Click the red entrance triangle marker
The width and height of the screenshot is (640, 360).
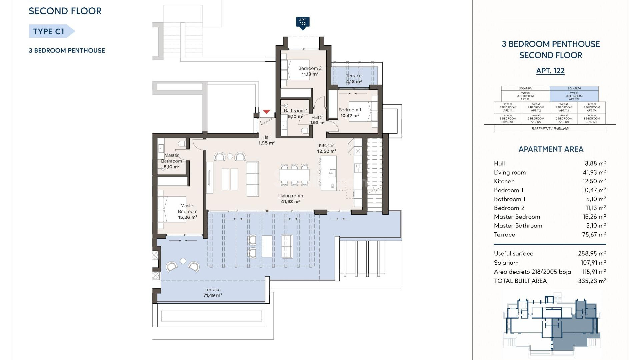pyautogui.click(x=266, y=112)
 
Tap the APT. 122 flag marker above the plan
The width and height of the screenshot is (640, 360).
pyautogui.click(x=303, y=23)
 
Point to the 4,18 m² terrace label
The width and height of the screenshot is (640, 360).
pyautogui.click(x=354, y=82)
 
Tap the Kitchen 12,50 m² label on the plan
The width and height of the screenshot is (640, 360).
pyautogui.click(x=327, y=148)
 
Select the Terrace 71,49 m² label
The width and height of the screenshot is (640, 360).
pyautogui.click(x=213, y=293)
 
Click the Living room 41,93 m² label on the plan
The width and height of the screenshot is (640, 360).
pyautogui.click(x=290, y=199)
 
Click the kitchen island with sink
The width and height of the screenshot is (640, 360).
pyautogui.click(x=329, y=173)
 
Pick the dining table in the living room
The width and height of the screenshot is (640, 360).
pyautogui.click(x=294, y=175)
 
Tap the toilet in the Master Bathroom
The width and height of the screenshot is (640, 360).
pyautogui.click(x=182, y=144)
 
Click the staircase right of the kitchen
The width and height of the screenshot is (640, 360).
pyautogui.click(x=374, y=173)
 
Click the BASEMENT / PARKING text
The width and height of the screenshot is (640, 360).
pyautogui.click(x=550, y=129)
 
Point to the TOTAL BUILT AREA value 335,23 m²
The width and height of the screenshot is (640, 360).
pyautogui.click(x=592, y=281)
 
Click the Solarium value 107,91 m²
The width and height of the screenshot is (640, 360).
pyautogui.click(x=593, y=263)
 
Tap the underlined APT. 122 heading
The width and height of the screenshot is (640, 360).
pyautogui.click(x=550, y=71)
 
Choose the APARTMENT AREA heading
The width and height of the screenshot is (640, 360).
pyautogui.click(x=551, y=149)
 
